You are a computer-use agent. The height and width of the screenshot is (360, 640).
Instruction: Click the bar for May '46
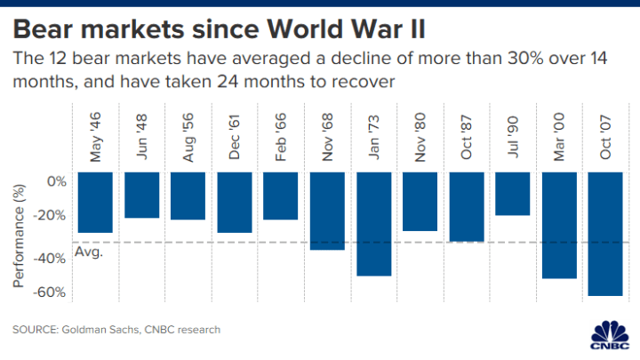95,203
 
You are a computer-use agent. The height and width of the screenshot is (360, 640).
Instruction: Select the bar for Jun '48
141,195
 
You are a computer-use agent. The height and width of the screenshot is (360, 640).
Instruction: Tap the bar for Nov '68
326,211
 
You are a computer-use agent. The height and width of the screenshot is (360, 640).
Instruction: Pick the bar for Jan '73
373,224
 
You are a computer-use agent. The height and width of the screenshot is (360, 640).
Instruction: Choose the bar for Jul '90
512,194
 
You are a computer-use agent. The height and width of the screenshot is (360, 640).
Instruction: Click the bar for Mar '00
558,225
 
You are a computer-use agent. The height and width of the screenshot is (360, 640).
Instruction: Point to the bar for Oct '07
604,234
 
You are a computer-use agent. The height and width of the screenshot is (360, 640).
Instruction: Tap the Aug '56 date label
188,139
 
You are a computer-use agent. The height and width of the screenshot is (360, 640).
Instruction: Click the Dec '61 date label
235,138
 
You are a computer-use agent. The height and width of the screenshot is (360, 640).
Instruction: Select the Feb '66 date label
281,139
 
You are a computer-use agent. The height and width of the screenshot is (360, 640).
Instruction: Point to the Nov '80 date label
420,138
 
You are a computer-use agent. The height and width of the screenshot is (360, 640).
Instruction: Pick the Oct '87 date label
466,139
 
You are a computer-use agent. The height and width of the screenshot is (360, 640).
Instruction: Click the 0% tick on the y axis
57,181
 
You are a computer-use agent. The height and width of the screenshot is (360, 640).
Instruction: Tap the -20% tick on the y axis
52,214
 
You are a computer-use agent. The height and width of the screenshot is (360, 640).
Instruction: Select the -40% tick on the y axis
52,259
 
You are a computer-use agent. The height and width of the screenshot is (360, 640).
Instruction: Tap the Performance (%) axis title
19,235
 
